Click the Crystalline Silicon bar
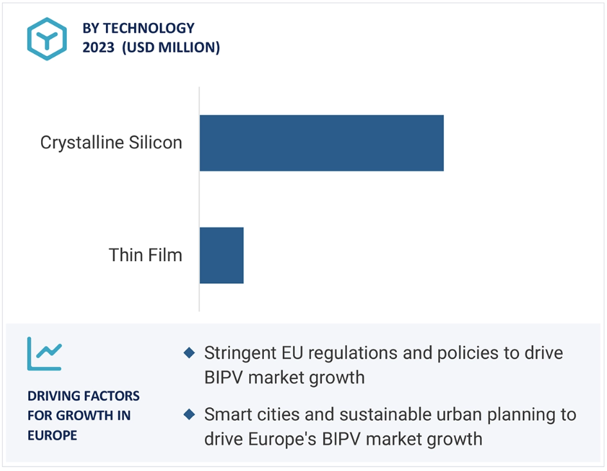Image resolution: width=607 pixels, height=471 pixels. (322, 143)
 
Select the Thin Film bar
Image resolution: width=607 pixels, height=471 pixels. (222, 255)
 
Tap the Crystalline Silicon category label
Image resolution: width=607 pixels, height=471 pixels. (111, 143)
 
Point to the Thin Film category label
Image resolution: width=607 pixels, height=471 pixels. (145, 255)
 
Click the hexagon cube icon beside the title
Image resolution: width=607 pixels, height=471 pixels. (47, 39)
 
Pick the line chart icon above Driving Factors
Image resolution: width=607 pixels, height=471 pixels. (44, 353)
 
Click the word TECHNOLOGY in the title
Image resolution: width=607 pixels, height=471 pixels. (148, 28)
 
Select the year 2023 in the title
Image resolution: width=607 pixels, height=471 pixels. (98, 48)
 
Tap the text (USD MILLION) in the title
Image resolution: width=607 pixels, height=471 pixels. (171, 48)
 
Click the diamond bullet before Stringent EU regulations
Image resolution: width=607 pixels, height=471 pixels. (189, 353)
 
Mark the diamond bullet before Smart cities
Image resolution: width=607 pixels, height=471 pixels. (189, 414)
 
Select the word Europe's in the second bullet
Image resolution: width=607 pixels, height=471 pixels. (282, 440)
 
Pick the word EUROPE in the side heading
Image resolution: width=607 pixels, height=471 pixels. (52, 436)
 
